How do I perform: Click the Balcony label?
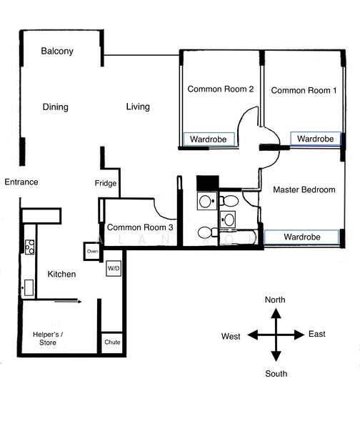tap(57, 51)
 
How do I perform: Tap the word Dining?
tap(56, 107)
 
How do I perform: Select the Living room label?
tap(138, 107)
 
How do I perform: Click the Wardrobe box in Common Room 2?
tap(209, 139)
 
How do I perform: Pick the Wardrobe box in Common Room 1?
tap(316, 139)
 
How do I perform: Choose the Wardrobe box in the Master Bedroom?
tap(301, 237)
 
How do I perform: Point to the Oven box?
tap(92, 251)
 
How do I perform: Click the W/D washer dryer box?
tap(114, 268)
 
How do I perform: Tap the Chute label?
tap(112, 342)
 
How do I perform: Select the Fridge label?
tap(106, 183)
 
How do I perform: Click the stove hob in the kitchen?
tap(30, 247)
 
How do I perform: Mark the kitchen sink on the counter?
tap(29, 287)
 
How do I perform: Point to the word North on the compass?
tap(275, 300)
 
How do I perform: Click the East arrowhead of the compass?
tap(299, 335)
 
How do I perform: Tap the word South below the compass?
tap(276, 374)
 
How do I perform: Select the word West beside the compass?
tap(231, 336)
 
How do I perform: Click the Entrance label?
tap(21, 182)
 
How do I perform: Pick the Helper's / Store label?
tap(48, 338)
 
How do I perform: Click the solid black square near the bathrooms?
tap(208, 182)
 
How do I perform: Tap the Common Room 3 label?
tap(140, 227)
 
